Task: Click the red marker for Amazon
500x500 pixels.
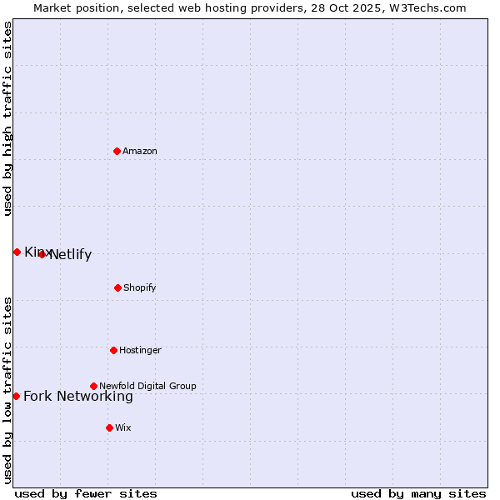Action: (x=117, y=151)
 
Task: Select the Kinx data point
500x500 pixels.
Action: (x=17, y=252)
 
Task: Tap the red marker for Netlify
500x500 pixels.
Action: (x=42, y=254)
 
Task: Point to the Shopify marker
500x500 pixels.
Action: (x=117, y=287)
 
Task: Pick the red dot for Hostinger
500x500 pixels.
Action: (x=113, y=350)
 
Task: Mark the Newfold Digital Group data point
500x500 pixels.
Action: (x=93, y=386)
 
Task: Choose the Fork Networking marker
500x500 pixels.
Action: (x=16, y=396)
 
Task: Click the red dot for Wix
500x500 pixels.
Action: (x=109, y=427)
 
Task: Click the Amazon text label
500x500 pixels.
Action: (x=140, y=151)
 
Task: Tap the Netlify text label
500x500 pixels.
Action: (x=70, y=255)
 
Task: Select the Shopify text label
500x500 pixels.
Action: (x=140, y=287)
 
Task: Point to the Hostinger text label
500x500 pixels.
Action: (x=140, y=350)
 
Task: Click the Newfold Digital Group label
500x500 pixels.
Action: (x=147, y=386)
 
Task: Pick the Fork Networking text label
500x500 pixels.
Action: (x=78, y=397)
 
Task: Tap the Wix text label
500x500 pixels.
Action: (x=123, y=427)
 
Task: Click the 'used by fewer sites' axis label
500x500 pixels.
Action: (x=86, y=494)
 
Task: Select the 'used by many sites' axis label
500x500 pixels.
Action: (x=418, y=494)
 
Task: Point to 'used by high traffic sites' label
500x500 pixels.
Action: (x=8, y=118)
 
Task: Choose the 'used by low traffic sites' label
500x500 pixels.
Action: (x=8, y=390)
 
